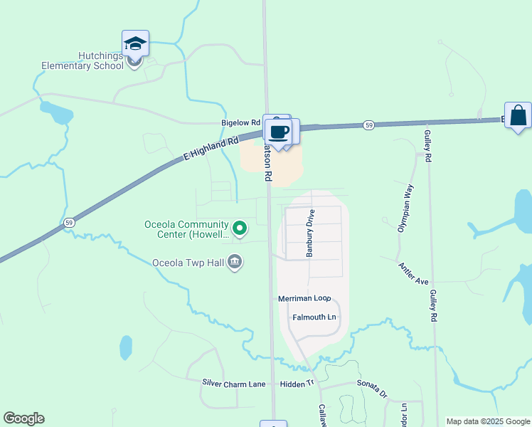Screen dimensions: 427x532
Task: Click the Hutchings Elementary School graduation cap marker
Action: pyautogui.click(x=135, y=44)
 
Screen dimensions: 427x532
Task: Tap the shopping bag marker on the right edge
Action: pyautogui.click(x=518, y=115)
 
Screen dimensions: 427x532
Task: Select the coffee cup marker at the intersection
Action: pyautogui.click(x=279, y=131)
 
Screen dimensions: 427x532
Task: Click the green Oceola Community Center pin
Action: pyautogui.click(x=240, y=228)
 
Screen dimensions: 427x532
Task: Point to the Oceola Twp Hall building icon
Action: pyautogui.click(x=235, y=263)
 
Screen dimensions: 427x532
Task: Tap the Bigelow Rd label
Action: pyautogui.click(x=240, y=122)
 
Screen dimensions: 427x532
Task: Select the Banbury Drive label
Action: pyautogui.click(x=310, y=232)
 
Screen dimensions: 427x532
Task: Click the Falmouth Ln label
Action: pyautogui.click(x=314, y=317)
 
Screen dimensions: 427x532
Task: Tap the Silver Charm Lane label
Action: pyautogui.click(x=234, y=384)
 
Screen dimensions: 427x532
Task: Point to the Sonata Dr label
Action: pyautogui.click(x=372, y=388)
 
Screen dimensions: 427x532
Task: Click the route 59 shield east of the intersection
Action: pyautogui.click(x=368, y=125)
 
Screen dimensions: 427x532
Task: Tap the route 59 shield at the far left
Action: pyautogui.click(x=68, y=223)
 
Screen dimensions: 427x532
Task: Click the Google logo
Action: pyautogui.click(x=23, y=418)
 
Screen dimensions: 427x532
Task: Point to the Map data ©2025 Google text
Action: pyautogui.click(x=488, y=421)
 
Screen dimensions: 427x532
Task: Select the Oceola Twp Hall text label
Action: pyautogui.click(x=188, y=263)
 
